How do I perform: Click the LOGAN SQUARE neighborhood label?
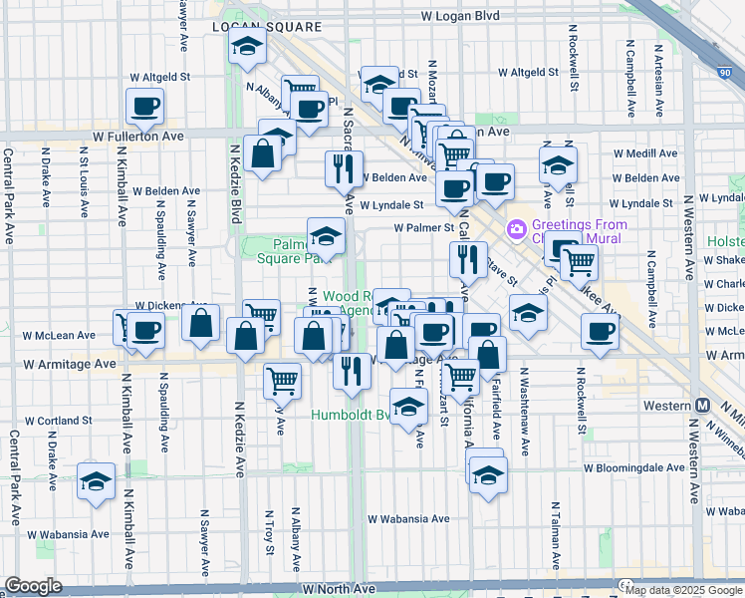click(x=266, y=26)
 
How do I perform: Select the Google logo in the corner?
click(x=33, y=586)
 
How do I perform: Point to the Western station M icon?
click(x=703, y=406)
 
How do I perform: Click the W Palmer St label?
click(x=423, y=227)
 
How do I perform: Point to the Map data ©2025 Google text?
click(x=682, y=590)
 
